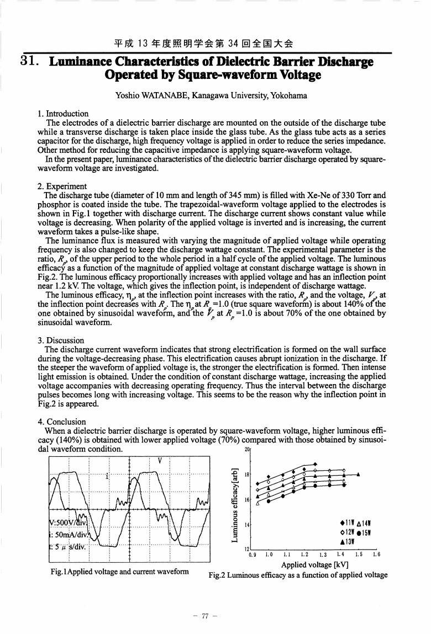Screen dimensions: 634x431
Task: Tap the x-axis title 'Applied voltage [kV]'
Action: click(314, 565)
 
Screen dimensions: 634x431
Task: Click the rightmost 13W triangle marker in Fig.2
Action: click(359, 474)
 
